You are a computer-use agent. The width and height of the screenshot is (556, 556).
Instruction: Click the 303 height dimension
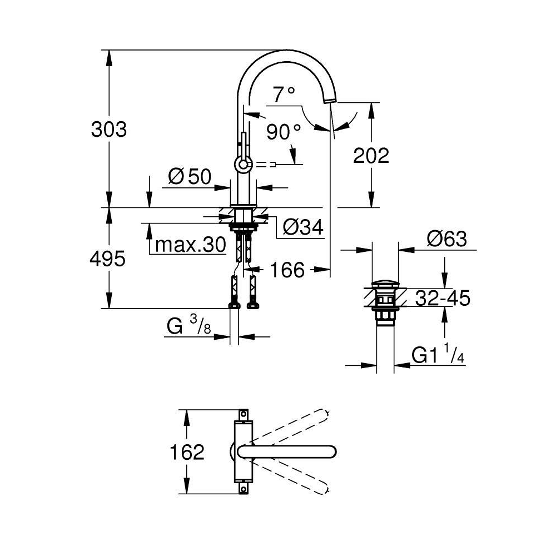tap(110, 129)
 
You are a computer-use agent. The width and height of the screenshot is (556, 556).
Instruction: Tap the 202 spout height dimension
tap(371, 156)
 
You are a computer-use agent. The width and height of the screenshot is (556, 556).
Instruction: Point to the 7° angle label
tap(284, 95)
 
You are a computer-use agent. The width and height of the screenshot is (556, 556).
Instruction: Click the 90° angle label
tap(283, 132)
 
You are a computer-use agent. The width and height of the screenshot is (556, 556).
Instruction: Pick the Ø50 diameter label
tap(189, 177)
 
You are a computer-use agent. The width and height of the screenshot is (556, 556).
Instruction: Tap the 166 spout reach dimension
tap(287, 270)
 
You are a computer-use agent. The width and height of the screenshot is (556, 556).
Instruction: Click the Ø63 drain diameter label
tap(446, 239)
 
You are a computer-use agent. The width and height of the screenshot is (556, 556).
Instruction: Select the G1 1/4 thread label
tap(438, 355)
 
